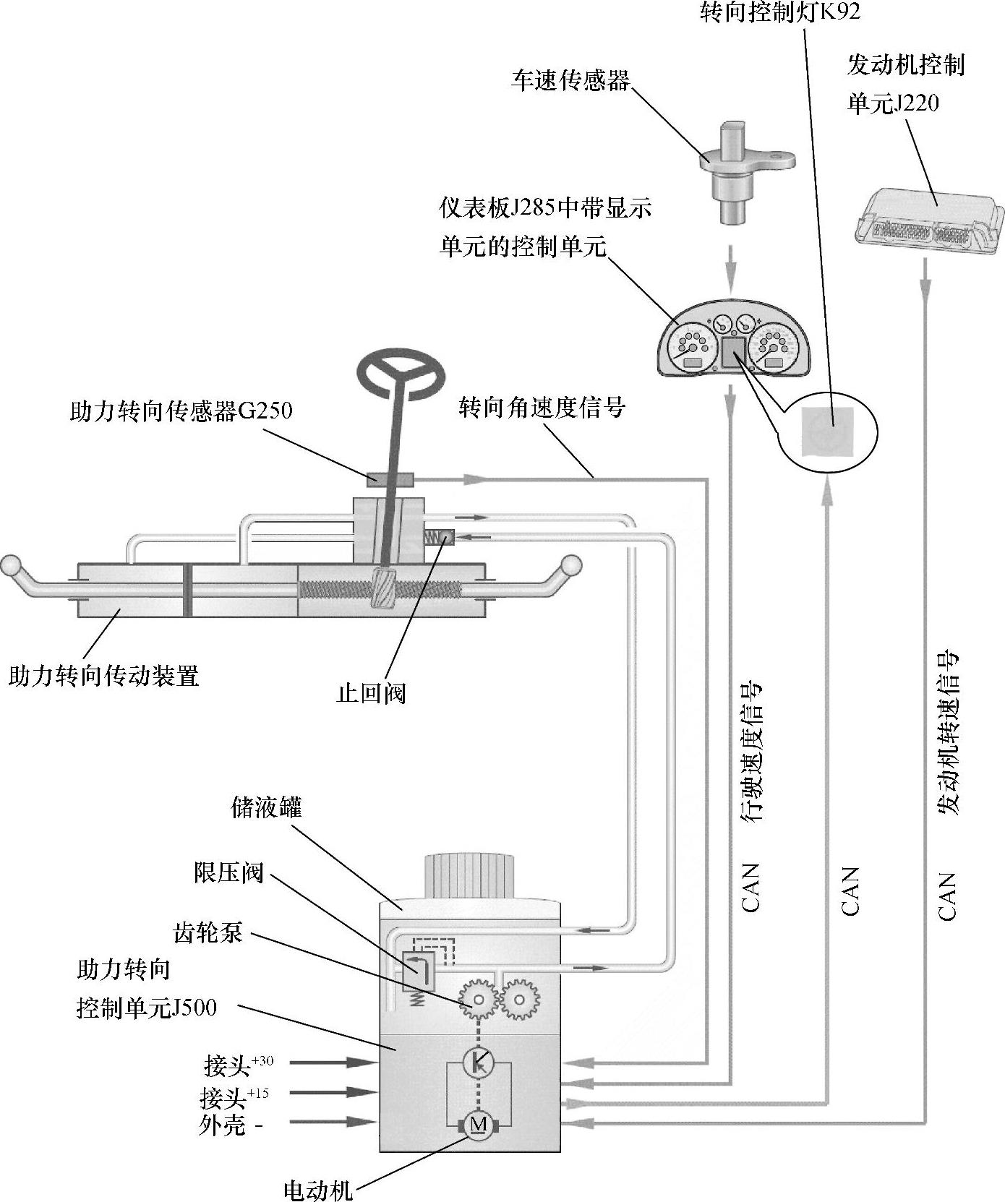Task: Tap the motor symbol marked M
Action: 478,1144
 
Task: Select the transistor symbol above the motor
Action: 478,1062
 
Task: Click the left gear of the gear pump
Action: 476,1000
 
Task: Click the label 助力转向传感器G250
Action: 181,411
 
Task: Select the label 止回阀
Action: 372,693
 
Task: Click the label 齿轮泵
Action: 208,933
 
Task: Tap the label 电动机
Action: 317,1189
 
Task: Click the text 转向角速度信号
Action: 542,408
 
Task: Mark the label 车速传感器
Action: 570,80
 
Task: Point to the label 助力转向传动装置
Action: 103,676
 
